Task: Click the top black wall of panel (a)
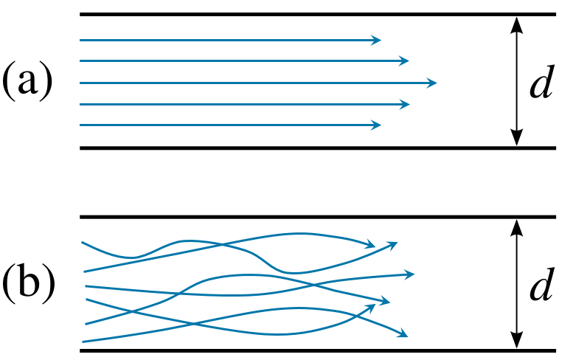[317, 14]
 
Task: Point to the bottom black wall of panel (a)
[317, 148]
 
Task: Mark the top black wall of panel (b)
[317, 217]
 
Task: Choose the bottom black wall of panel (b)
[317, 350]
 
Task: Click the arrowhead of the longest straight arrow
[433, 83]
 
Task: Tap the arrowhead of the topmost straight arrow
[378, 40]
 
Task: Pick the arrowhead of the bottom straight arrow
[378, 125]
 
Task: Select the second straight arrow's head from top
[405, 60]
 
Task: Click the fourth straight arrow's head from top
[405, 104]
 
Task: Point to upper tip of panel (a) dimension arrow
[516, 18]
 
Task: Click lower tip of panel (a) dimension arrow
[516, 144]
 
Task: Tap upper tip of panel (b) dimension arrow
[516, 221]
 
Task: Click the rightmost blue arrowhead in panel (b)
[412, 274]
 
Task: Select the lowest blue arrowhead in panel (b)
[404, 336]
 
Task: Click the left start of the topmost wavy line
[83, 242]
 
